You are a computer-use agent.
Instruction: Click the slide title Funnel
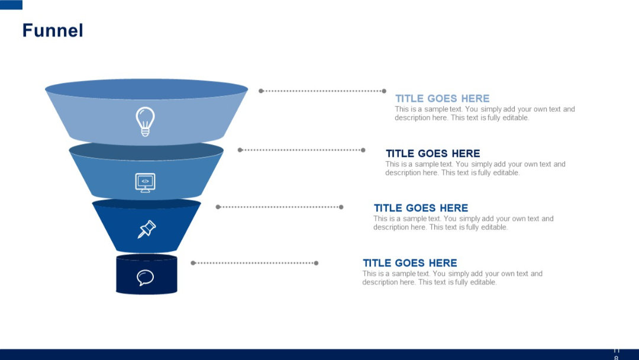(53, 30)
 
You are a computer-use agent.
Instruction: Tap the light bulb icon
(145, 121)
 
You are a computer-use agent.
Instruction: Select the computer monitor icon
(145, 182)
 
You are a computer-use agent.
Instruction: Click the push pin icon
(146, 229)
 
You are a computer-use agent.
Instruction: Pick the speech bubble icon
(145, 277)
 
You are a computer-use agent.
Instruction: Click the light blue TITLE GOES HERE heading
(442, 98)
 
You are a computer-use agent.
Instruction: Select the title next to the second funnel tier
(433, 153)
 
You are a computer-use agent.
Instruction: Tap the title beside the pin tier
(421, 208)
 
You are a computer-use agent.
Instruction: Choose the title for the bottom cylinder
(409, 263)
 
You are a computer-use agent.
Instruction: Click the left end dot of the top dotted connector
(261, 91)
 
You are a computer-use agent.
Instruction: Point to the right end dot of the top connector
(384, 91)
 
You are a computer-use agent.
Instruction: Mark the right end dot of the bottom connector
(316, 263)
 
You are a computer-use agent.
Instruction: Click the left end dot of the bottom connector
(193, 263)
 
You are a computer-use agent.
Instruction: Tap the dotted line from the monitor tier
(302, 150)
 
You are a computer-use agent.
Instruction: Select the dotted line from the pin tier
(279, 207)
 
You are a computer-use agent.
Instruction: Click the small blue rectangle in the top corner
(11, 5)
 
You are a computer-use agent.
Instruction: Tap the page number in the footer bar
(616, 354)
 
